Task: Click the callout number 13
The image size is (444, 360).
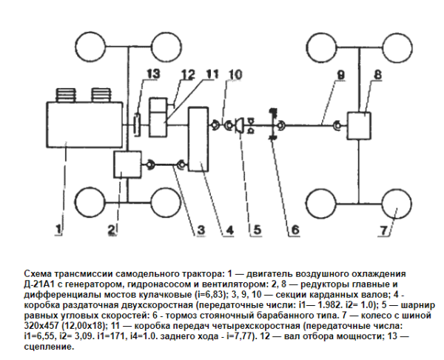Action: coord(154,74)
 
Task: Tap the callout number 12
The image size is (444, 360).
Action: coord(188,75)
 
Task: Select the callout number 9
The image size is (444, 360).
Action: coord(340,75)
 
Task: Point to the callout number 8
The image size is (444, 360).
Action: coord(377,75)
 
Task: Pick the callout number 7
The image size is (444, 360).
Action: coord(383,230)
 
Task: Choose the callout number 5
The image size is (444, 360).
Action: coord(257,230)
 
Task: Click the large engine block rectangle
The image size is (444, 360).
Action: coord(84,124)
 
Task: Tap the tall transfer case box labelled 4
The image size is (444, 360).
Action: coord(198,139)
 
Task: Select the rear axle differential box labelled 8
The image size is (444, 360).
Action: coord(359,126)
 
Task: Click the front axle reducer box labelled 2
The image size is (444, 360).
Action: coord(127,164)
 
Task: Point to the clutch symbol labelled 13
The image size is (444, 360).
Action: coord(138,125)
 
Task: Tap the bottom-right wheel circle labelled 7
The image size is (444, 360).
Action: coord(397,204)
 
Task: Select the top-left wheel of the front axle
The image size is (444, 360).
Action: coord(90,47)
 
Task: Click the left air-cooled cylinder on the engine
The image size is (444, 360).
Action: coord(67,96)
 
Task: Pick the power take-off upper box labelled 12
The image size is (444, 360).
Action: coord(158,105)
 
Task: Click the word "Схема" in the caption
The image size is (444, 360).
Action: coord(38,274)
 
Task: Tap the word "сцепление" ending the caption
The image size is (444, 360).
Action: coord(49,347)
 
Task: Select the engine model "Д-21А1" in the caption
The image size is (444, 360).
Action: coord(40,284)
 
